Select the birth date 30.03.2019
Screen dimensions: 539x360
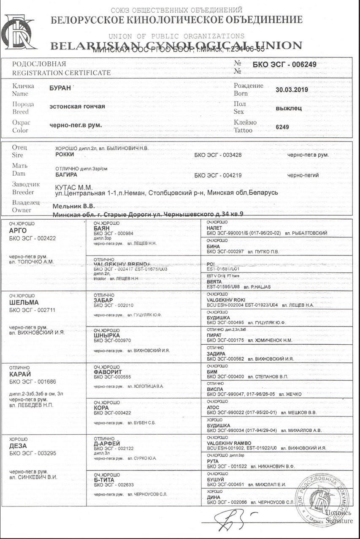[292, 90]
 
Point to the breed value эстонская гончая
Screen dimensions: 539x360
[77, 106]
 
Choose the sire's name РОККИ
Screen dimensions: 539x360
[65, 155]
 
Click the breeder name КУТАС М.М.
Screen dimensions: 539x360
[74, 187]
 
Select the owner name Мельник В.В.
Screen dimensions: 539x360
[73, 207]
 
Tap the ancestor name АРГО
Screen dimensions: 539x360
[18, 231]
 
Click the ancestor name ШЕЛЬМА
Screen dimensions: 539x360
[24, 302]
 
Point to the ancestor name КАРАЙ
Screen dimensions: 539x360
[20, 374]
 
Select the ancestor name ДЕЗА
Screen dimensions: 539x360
[18, 446]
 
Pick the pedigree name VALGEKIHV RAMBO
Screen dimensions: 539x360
[230, 443]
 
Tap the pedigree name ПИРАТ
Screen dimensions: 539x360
[214, 335]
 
